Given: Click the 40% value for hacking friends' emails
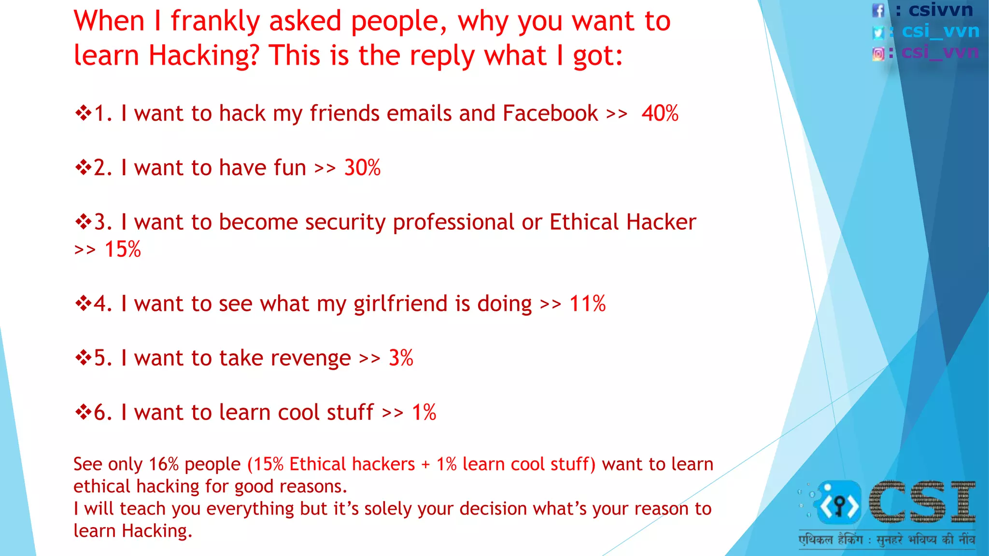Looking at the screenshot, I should click(660, 114).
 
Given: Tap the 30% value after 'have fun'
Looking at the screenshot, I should click(362, 168).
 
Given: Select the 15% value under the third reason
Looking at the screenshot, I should click(123, 250).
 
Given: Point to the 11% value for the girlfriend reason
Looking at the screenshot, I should click(587, 304).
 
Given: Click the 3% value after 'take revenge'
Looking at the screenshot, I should click(401, 359).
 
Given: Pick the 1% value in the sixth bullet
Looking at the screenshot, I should click(424, 413).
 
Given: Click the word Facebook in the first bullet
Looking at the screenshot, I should click(550, 114).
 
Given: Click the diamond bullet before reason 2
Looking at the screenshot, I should click(83, 168).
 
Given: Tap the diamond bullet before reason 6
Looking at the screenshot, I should click(83, 413).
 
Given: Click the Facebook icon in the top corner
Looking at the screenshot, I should click(878, 10).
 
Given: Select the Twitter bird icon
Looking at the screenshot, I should click(878, 32).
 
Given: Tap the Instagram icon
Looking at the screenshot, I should click(878, 54).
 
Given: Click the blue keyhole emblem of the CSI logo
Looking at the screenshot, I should click(839, 503).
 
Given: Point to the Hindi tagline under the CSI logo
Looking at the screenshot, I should click(887, 540).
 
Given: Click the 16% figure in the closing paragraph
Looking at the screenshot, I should click(164, 464).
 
